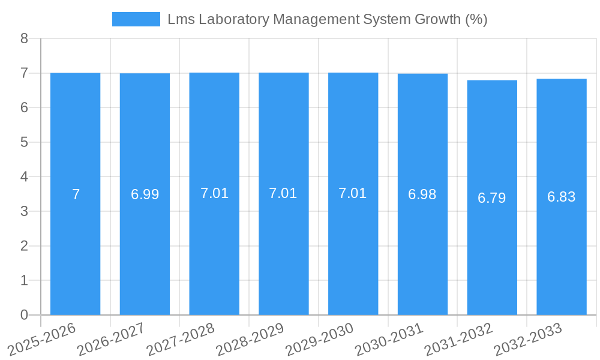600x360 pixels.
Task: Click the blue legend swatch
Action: [136, 19]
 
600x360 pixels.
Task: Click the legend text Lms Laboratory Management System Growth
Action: [327, 19]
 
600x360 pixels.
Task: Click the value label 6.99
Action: [145, 194]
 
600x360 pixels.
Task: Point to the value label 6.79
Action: [492, 198]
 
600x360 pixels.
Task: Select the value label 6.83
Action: [562, 197]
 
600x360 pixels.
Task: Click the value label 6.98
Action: [422, 194]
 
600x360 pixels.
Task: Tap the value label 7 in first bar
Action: [76, 194]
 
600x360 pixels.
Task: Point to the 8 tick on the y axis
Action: [24, 39]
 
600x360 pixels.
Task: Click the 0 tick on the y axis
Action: [24, 315]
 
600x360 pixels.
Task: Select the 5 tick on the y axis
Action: [24, 142]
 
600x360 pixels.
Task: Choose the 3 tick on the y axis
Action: [24, 211]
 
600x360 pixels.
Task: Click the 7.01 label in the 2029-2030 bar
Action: [353, 193]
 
